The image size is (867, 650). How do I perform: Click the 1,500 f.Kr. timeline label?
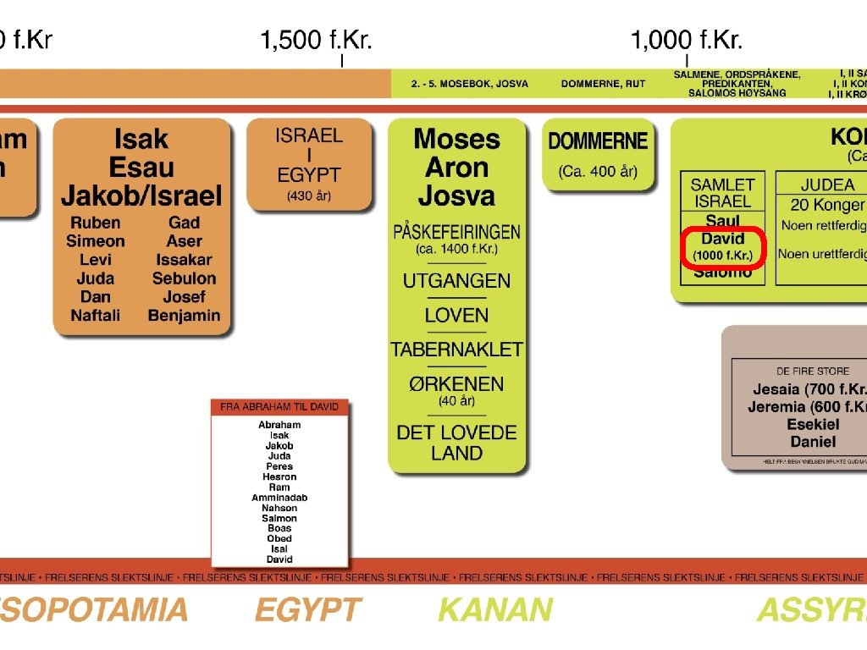coord(316,40)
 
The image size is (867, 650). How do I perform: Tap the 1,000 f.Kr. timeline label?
coord(686,40)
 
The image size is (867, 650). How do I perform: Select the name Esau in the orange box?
coord(141,167)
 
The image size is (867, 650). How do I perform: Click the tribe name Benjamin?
coord(184,316)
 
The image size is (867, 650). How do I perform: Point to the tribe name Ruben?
coord(95,223)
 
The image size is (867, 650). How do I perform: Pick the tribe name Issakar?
coord(184,260)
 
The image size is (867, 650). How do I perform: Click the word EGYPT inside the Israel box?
coord(308,176)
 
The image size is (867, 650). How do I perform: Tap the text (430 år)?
coord(308,196)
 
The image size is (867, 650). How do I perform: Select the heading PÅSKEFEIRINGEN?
coord(456,231)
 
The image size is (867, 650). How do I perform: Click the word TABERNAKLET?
coord(456,349)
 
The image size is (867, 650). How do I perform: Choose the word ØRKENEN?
coord(456,383)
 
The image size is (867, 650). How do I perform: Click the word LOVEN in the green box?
coord(456,316)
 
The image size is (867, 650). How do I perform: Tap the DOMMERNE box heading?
coord(598,141)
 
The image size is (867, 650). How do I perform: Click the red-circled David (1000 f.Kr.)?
coord(722,246)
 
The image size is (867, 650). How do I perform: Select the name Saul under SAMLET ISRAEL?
coord(722,221)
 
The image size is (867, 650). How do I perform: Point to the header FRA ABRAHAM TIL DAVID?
coord(279,407)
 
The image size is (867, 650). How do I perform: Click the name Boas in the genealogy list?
coord(279,528)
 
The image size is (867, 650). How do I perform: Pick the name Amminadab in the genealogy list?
coord(279,498)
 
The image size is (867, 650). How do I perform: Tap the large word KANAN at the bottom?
coord(495,609)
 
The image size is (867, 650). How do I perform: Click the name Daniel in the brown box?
coord(813,442)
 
